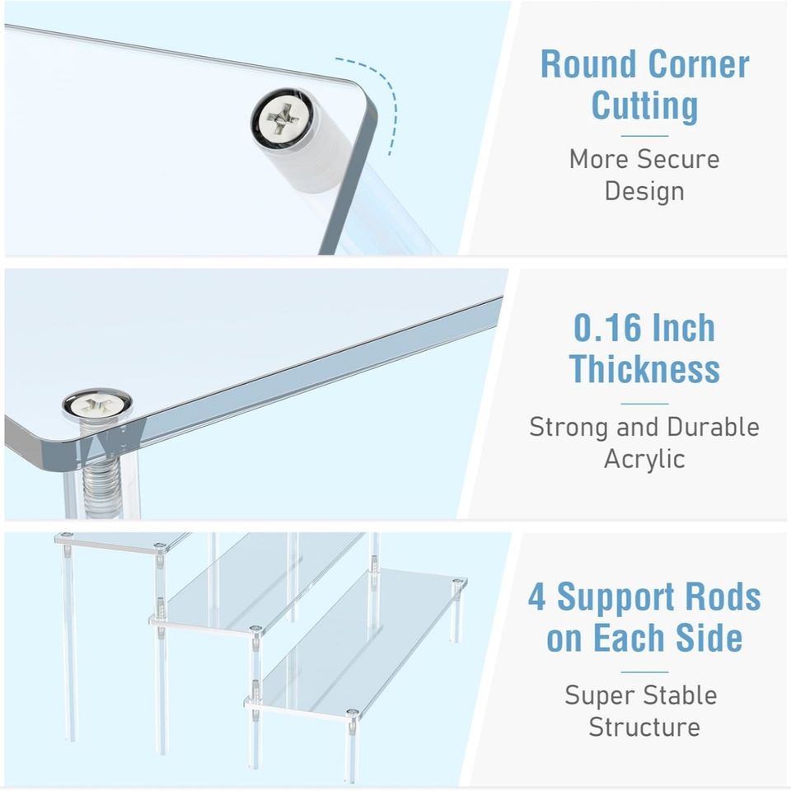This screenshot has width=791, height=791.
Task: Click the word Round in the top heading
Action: (x=589, y=64)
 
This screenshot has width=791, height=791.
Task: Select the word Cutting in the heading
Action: (x=644, y=106)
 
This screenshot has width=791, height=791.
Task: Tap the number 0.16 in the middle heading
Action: (x=607, y=328)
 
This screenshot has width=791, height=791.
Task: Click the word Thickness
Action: (x=644, y=369)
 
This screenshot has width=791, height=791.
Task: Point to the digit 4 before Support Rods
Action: (x=536, y=597)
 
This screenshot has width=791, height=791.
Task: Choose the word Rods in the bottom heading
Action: (x=718, y=597)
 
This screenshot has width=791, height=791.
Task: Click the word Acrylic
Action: (x=644, y=459)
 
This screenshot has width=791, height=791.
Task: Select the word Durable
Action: (x=713, y=427)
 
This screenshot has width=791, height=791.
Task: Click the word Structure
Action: (x=644, y=727)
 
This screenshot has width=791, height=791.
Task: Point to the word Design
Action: (x=644, y=191)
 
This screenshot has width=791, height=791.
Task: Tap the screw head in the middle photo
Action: (x=96, y=405)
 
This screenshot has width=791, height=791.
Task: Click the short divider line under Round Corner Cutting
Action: (x=644, y=136)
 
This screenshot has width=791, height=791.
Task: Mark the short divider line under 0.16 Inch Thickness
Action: (x=644, y=404)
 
